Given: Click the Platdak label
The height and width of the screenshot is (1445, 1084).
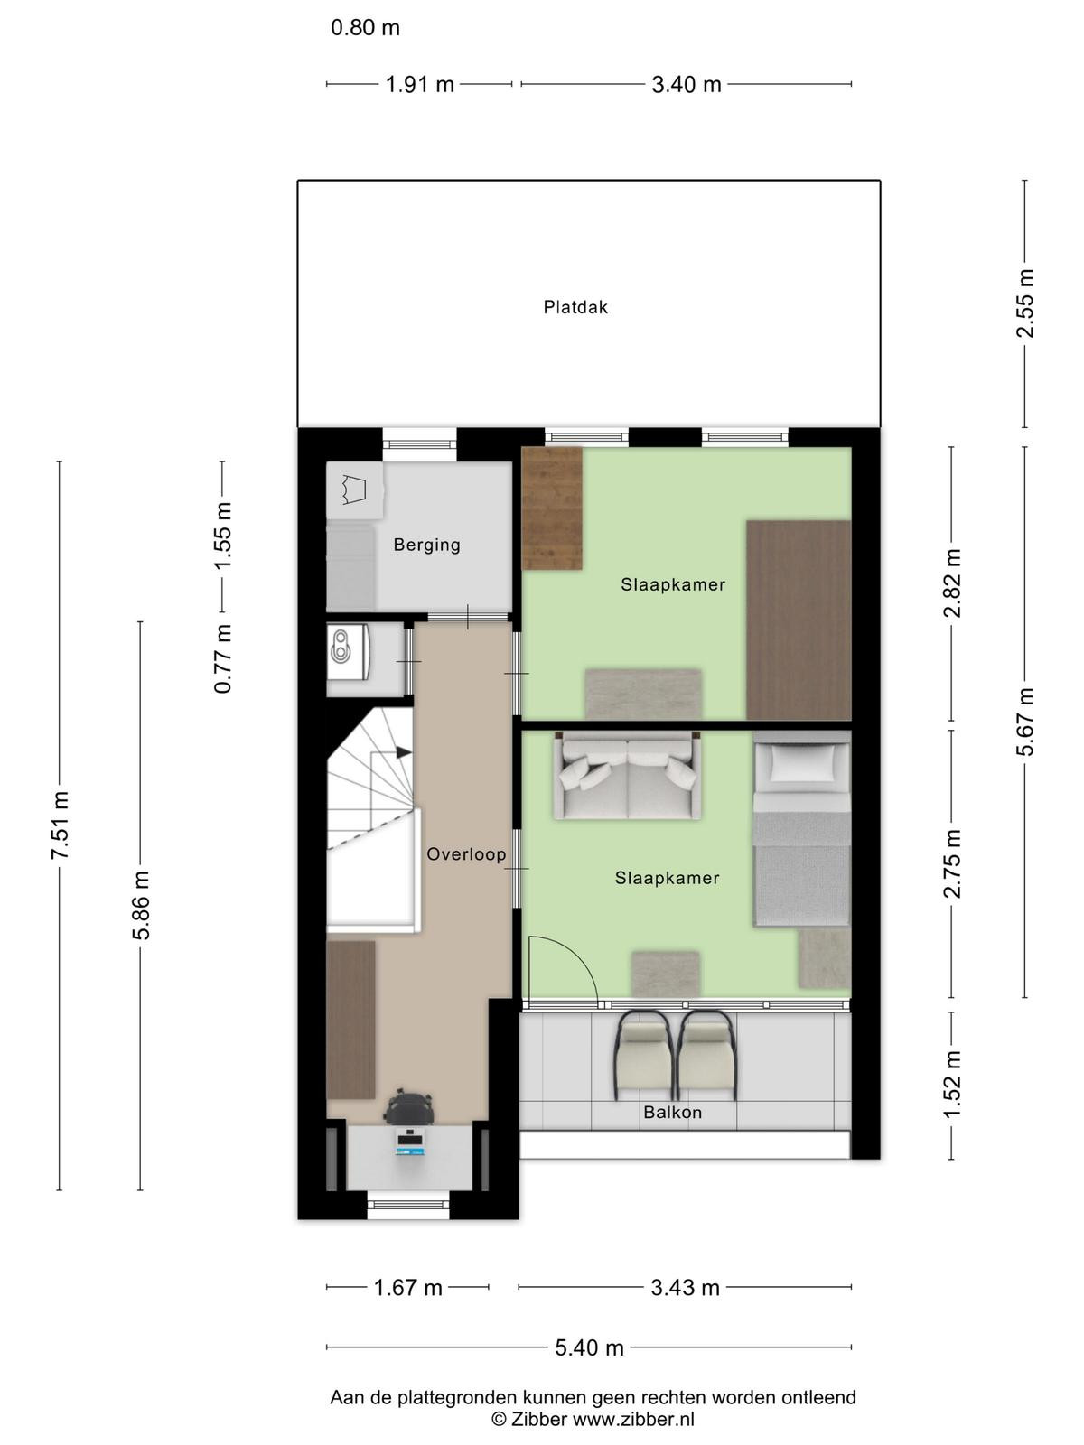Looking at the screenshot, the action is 575,307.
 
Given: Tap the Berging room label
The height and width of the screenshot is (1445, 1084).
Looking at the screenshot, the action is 426,545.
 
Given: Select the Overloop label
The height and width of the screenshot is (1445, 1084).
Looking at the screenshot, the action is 466,853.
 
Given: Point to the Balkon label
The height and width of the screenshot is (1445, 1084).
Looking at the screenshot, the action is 673,1112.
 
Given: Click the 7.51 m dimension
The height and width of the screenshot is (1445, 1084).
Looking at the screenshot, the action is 60,825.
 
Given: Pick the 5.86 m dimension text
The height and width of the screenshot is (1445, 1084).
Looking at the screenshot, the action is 141,905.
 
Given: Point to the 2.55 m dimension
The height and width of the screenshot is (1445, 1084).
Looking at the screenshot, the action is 1024,303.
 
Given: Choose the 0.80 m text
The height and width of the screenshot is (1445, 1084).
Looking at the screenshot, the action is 365,28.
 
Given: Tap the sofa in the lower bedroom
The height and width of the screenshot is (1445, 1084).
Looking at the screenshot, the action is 627,776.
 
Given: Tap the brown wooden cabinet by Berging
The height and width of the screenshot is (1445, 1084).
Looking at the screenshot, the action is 552,508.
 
